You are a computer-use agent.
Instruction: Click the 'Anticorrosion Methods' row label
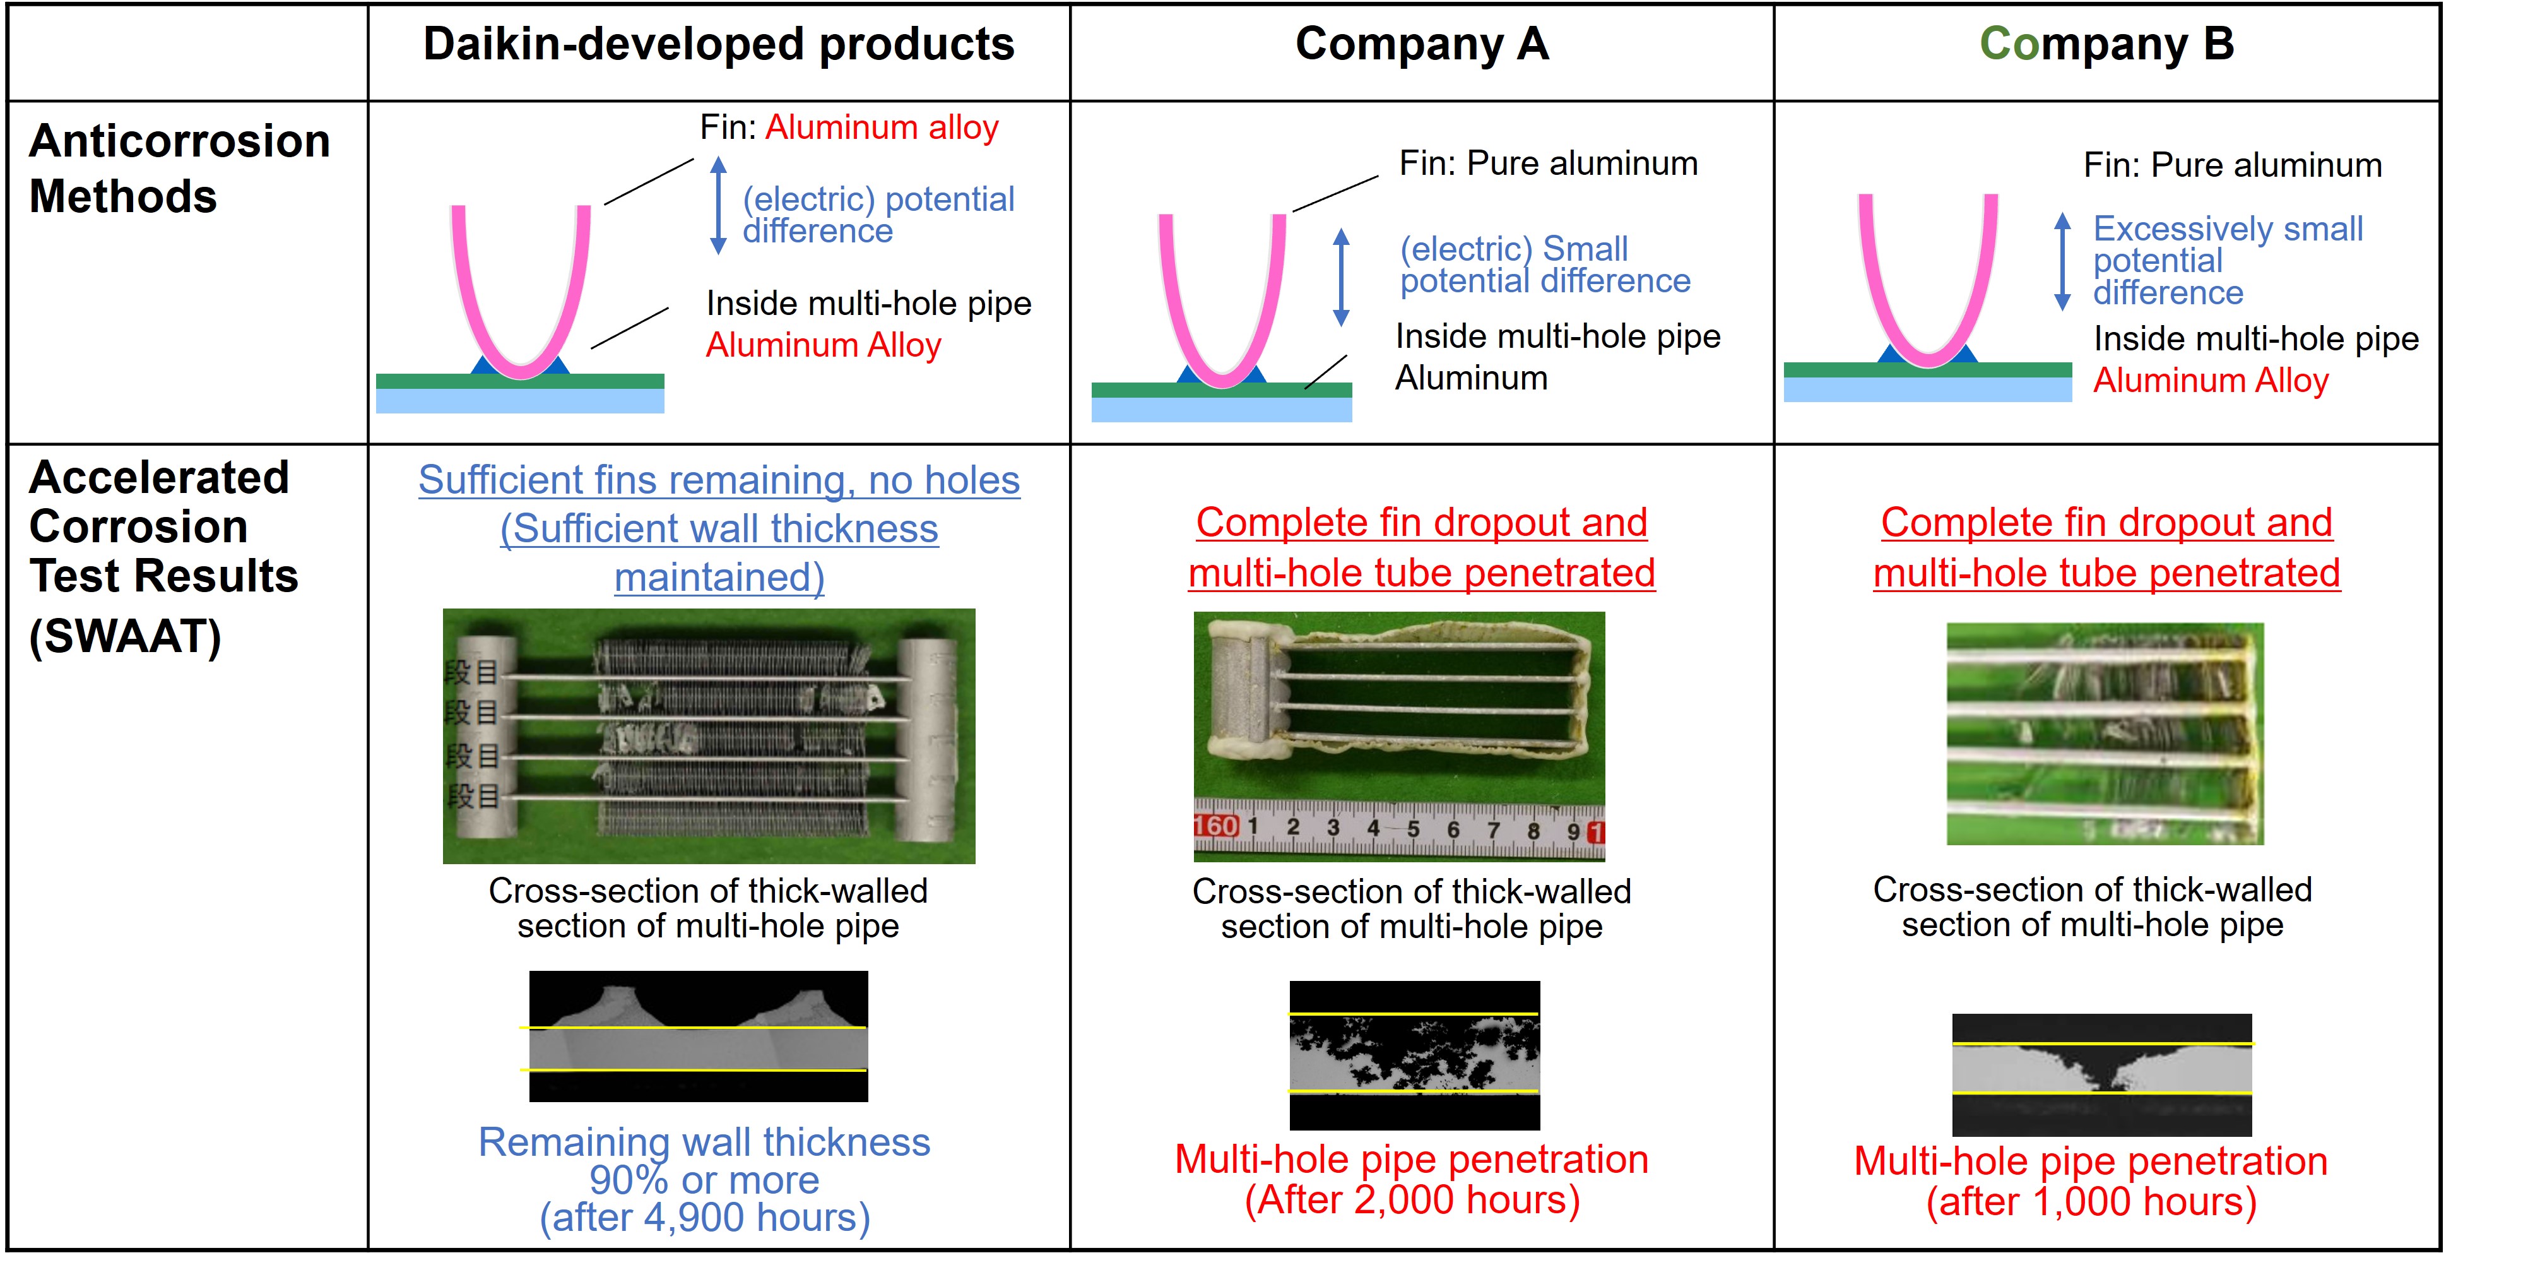(x=179, y=169)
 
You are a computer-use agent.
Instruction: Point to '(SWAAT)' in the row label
(x=125, y=636)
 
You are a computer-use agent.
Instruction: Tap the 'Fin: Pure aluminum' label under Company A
(x=1548, y=163)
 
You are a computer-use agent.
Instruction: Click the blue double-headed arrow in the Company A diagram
(x=1341, y=277)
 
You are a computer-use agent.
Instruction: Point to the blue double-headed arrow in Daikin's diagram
(x=719, y=205)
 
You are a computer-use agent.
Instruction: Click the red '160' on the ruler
(x=1216, y=826)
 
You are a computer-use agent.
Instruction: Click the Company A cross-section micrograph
(x=1414, y=1055)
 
